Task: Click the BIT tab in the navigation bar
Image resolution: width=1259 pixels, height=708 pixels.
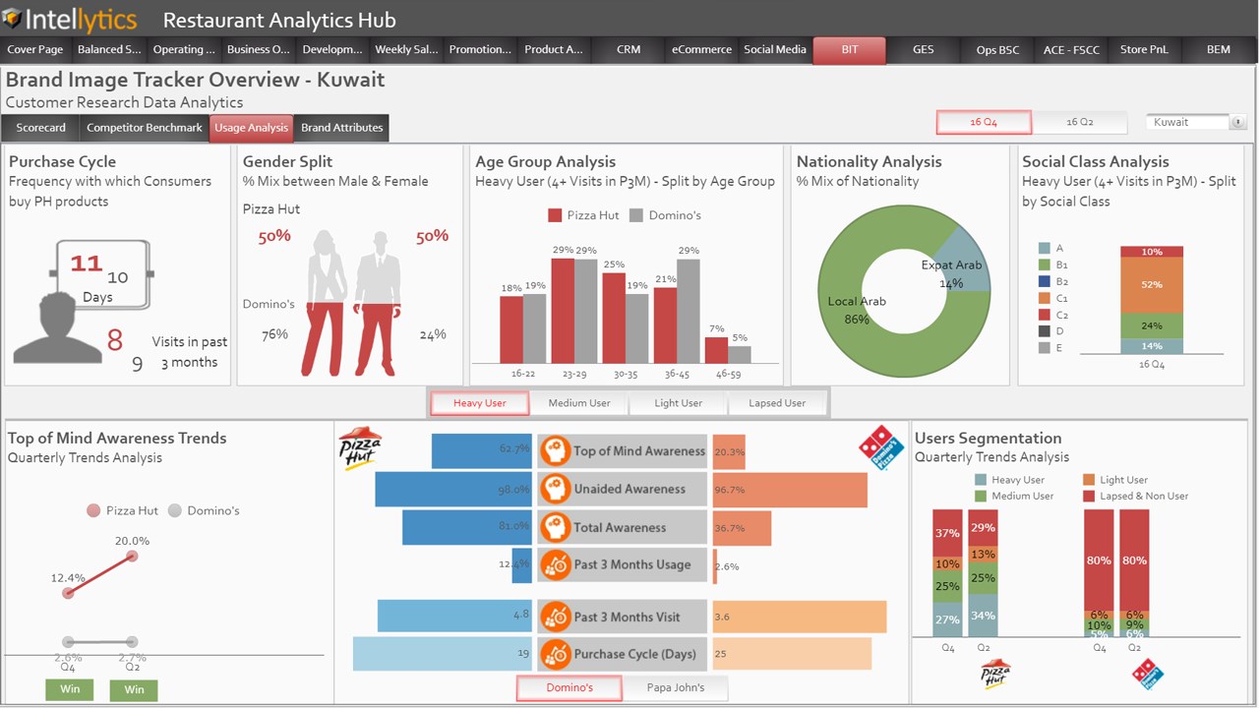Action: point(849,50)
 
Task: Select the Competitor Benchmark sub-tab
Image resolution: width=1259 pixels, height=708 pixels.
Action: point(145,128)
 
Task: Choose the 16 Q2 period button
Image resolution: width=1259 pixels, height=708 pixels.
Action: point(1079,122)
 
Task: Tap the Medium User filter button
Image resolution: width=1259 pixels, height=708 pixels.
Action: point(579,403)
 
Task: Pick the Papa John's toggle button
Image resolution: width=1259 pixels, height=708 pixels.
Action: point(675,687)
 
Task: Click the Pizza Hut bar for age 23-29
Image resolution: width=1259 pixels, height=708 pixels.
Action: point(563,311)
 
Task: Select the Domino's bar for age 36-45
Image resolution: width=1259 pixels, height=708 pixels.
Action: point(689,311)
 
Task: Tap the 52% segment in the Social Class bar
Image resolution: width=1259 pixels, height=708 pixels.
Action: point(1151,285)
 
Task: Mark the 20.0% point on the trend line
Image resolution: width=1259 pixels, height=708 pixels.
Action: point(132,557)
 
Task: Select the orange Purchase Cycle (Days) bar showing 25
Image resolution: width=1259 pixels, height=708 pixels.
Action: point(792,654)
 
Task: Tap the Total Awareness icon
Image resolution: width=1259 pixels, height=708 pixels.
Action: point(556,527)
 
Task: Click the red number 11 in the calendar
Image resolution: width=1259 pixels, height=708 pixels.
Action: point(87,264)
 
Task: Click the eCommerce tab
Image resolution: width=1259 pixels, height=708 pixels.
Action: point(701,50)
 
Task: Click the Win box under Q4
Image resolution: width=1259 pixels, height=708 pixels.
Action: point(70,689)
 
